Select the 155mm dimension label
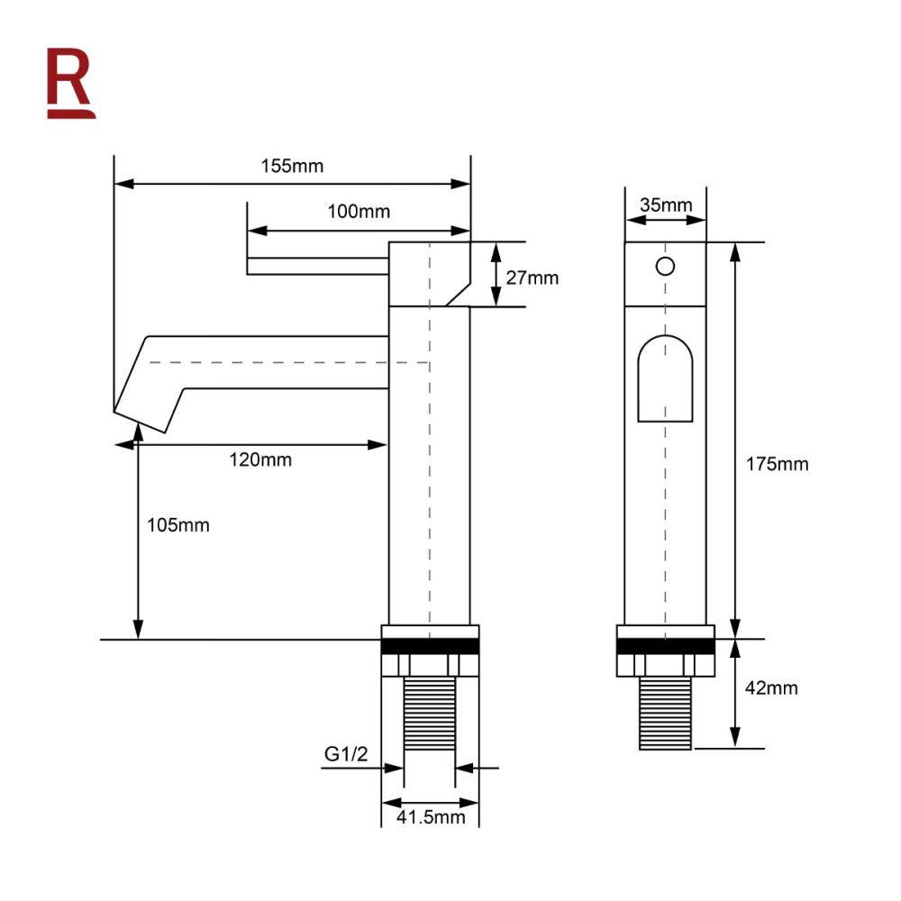coord(292,166)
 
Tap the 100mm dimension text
coord(359,212)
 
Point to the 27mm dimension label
coord(532,278)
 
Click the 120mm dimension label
coord(261,460)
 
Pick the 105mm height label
coord(178,524)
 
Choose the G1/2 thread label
coord(347,755)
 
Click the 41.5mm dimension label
coord(431,817)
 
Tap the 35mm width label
coord(666,205)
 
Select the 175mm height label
coord(778,465)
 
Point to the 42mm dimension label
coord(772,688)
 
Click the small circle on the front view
coord(665,266)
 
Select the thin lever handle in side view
coord(317,266)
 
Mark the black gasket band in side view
coord(430,646)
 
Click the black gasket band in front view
coord(665,646)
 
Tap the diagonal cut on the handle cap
coord(458,291)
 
